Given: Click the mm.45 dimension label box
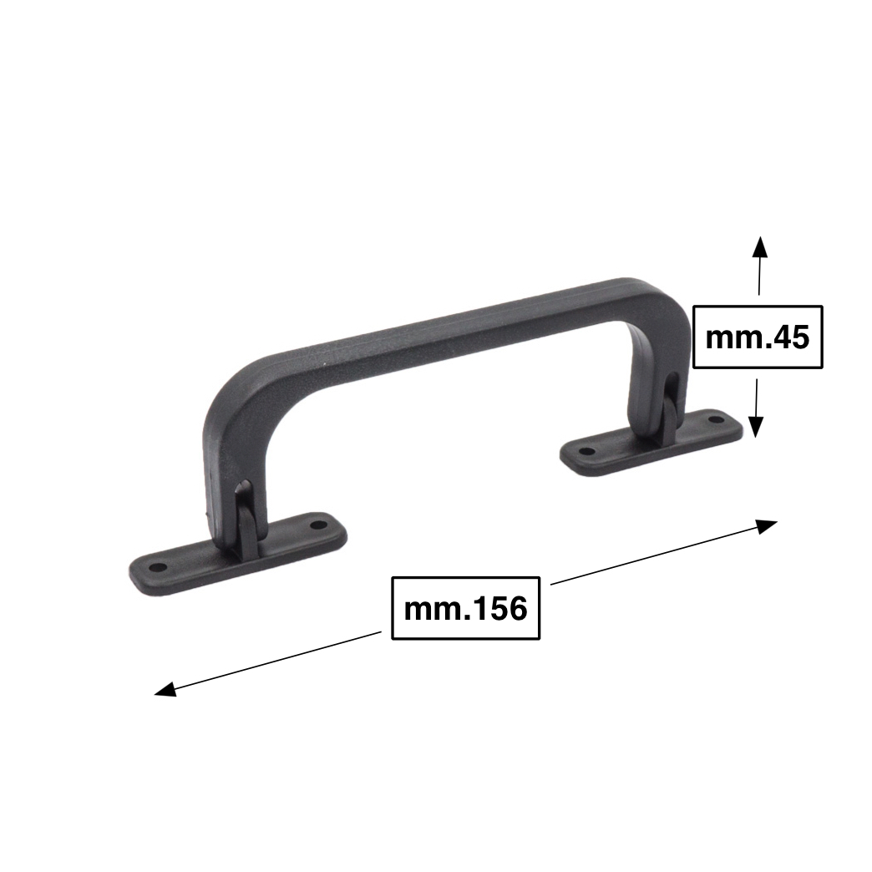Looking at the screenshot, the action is tap(758, 337).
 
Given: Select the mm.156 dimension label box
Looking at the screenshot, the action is tap(466, 608).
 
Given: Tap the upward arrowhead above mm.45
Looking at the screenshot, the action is tap(760, 247).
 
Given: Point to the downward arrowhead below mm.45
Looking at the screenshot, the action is tap(755, 427).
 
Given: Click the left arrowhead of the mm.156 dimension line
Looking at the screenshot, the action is tap(165, 690).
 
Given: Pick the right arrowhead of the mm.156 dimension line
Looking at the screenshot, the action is tap(766, 526).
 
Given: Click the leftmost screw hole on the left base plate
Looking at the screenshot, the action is tap(159, 568).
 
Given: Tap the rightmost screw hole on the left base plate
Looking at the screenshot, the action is tap(318, 525).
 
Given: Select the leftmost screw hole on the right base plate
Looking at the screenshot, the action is tap(587, 451).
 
